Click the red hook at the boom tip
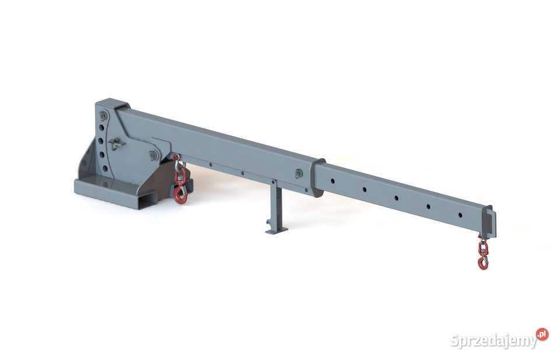pos(483,263)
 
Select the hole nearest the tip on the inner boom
pos(460,215)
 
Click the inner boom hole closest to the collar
pos(332,181)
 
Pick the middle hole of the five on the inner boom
pos(396,198)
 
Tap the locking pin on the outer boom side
pos(299,174)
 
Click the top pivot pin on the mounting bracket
pos(104,116)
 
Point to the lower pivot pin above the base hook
pos(153,155)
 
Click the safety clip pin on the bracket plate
pos(115,143)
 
